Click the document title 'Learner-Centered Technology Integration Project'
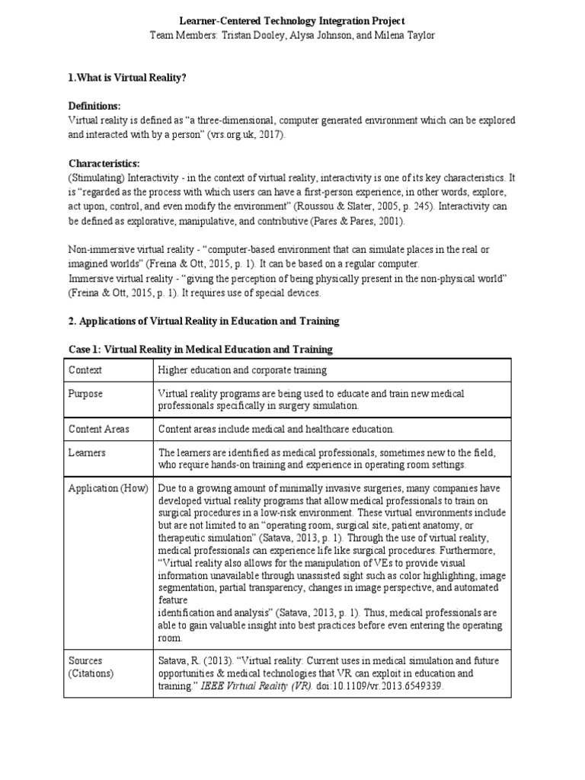pos(292,21)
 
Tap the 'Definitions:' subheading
pos(95,106)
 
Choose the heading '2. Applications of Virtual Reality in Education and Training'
pos(203,321)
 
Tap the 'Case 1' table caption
pos(200,350)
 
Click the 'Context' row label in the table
pos(85,370)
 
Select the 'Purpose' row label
pos(86,394)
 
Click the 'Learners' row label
pos(88,452)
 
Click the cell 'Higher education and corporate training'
pos(242,370)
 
